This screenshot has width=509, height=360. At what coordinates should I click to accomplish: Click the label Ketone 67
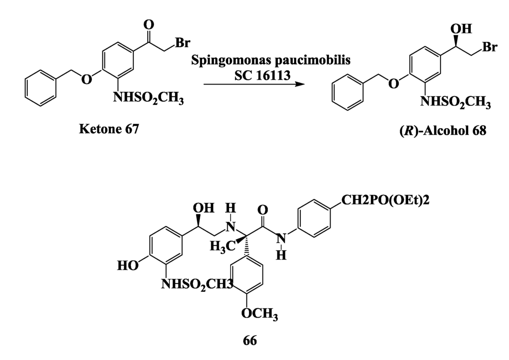tap(109, 130)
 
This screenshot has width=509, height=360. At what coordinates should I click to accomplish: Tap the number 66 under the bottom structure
tap(250, 341)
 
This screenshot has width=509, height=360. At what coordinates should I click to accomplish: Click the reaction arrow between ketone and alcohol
tap(254, 84)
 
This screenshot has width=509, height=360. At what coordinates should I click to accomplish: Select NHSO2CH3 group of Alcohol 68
tap(455, 103)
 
